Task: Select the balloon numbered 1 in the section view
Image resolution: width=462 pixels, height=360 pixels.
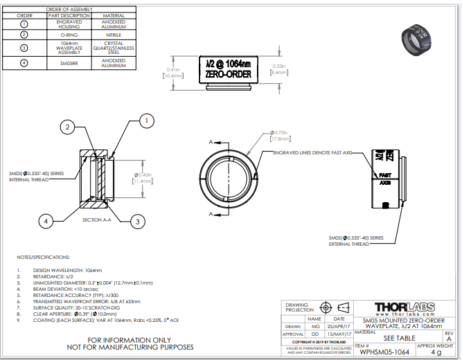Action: click(145, 120)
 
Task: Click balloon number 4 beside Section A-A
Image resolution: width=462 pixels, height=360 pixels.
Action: click(46, 221)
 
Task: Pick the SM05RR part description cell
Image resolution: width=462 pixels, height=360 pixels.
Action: click(69, 63)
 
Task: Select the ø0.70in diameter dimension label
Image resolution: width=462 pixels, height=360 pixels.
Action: click(281, 132)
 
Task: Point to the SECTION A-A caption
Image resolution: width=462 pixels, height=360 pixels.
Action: click(97, 219)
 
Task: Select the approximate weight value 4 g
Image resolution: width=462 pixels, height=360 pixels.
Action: click(436, 352)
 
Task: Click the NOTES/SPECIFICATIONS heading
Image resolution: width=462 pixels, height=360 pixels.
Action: click(44, 256)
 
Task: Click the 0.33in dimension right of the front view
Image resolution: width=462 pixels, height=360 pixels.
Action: click(278, 66)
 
